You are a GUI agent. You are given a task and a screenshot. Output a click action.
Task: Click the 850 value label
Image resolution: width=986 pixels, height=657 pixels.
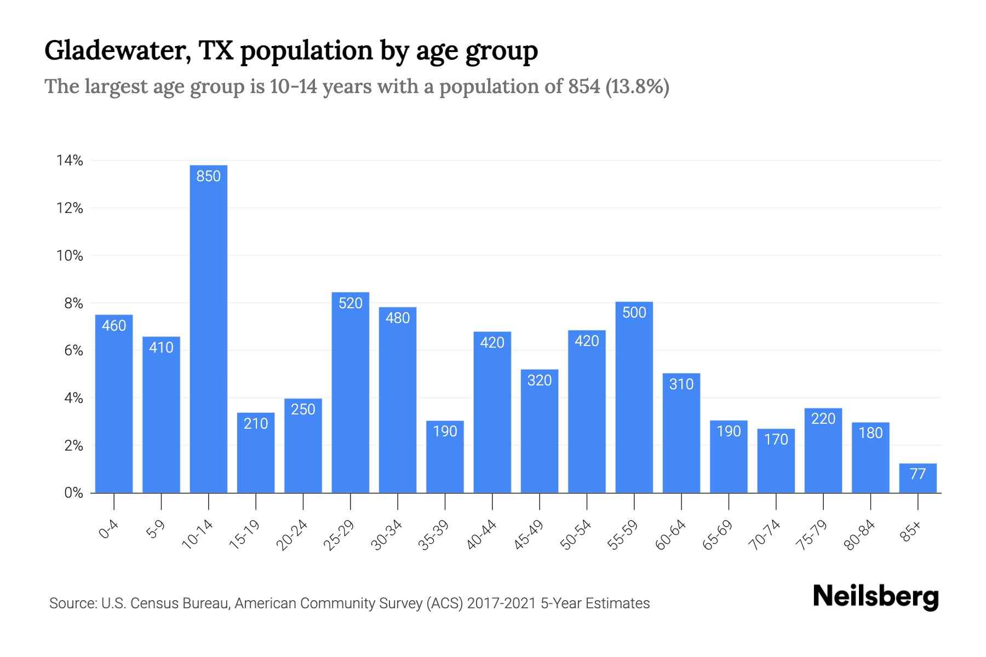click(208, 176)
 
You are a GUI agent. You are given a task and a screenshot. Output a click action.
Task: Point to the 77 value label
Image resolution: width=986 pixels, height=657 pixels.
click(918, 474)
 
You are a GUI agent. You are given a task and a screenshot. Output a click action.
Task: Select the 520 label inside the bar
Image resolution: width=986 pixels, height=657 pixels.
click(350, 303)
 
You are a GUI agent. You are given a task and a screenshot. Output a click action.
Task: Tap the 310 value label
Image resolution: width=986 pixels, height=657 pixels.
click(681, 384)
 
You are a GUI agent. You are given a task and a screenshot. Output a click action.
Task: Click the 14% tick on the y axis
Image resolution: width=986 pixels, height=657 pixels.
click(70, 160)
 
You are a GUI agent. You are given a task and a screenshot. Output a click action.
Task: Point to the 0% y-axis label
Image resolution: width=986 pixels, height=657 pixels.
click(73, 493)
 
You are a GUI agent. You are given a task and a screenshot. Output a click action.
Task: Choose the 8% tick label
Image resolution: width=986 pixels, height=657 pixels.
click(73, 303)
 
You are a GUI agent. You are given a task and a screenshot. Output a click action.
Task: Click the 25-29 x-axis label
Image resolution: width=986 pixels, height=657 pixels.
click(339, 535)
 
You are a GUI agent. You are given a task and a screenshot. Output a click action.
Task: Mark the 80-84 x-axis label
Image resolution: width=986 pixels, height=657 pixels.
click(859, 535)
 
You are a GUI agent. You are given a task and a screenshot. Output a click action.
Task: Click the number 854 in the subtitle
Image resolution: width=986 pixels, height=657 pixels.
click(584, 87)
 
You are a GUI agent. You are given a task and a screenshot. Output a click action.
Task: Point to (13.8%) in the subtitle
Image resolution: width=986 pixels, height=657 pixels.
click(637, 87)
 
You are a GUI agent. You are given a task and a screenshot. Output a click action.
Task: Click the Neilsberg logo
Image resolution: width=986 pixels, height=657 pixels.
click(875, 597)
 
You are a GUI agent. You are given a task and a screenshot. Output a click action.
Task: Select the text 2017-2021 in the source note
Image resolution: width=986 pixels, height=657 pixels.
click(501, 603)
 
